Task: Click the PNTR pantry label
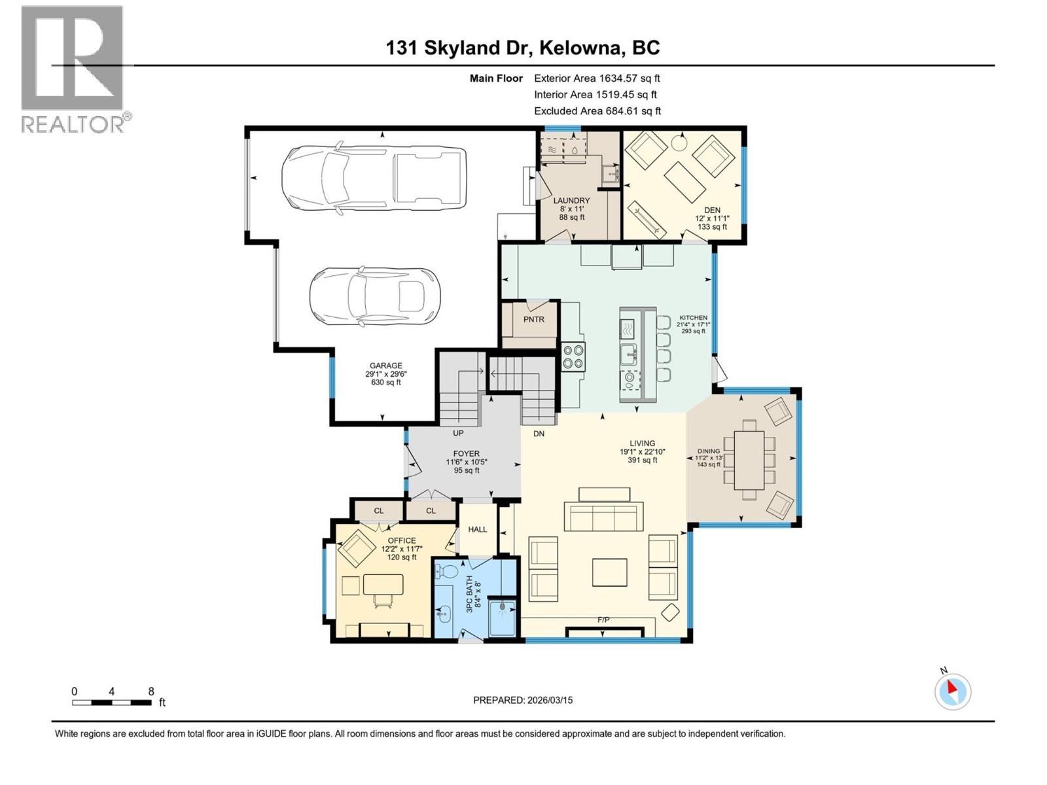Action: click(x=533, y=319)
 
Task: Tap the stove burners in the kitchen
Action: click(x=574, y=357)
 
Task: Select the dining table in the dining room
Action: click(x=749, y=460)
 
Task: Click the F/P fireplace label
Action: click(x=603, y=619)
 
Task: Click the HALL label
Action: click(x=478, y=529)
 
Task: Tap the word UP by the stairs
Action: click(x=458, y=433)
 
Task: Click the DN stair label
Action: click(x=539, y=434)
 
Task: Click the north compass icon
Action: click(x=953, y=691)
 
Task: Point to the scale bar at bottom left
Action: click(x=112, y=703)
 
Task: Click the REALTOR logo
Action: click(x=73, y=69)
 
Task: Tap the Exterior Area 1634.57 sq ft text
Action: click(x=597, y=78)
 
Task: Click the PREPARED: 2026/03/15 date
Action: click(x=523, y=700)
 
